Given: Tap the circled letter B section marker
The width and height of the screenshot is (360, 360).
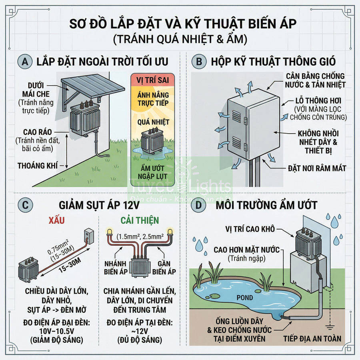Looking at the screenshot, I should click(196, 62).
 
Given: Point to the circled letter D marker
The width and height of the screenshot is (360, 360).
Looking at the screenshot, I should click(196, 205).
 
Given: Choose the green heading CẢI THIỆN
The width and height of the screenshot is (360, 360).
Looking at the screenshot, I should click(140, 220).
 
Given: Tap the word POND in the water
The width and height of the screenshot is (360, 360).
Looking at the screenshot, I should click(244, 297).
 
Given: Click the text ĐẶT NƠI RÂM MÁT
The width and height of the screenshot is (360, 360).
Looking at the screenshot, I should click(317, 168).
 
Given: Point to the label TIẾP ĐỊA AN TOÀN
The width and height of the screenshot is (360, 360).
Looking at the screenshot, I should click(312, 339).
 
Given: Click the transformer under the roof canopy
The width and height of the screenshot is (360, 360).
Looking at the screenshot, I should click(85, 118).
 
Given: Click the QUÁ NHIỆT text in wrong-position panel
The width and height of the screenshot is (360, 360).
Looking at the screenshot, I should click(150, 122).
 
